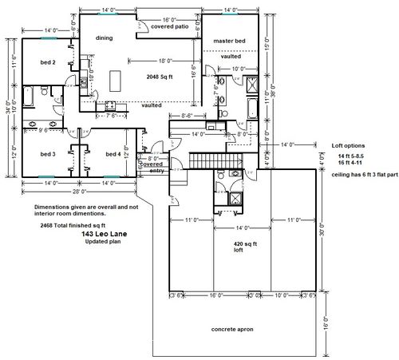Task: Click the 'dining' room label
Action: (x=104, y=38)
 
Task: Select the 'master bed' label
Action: (x=230, y=41)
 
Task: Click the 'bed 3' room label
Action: (x=47, y=153)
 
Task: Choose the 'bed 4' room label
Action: (x=113, y=153)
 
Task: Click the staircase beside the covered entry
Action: (x=204, y=161)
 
